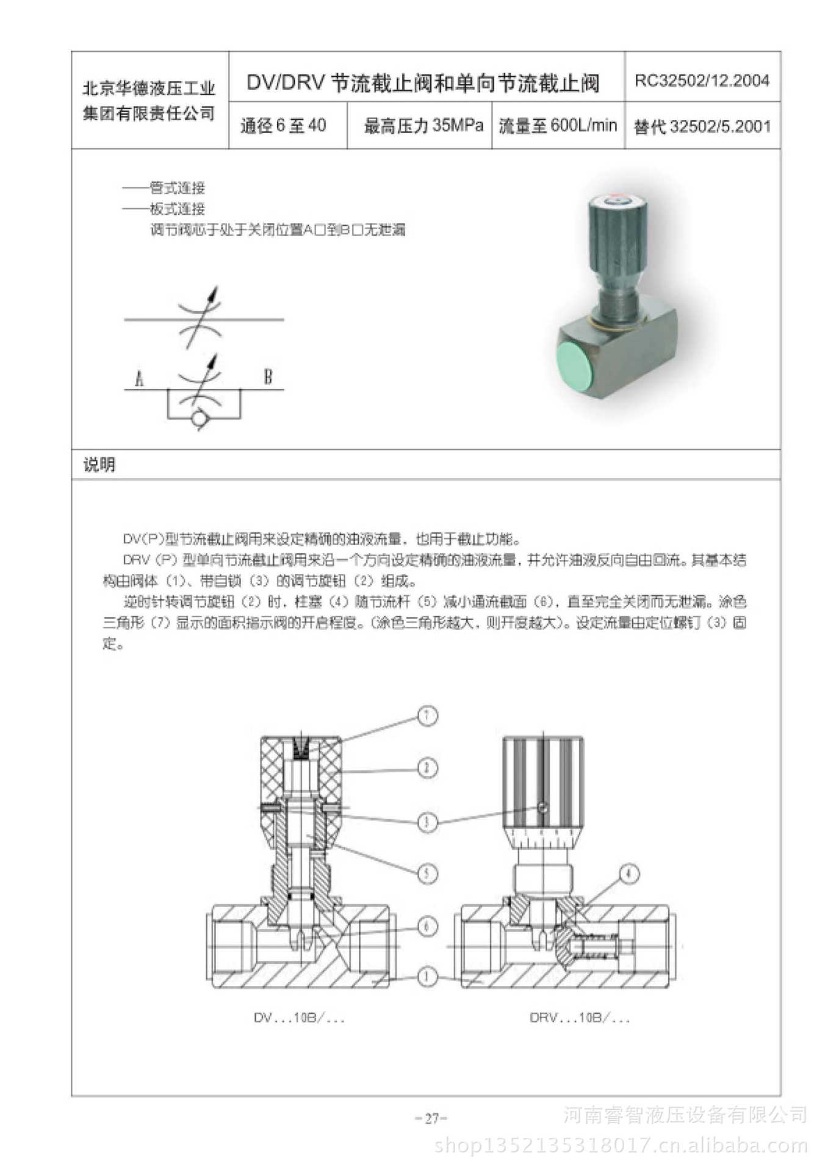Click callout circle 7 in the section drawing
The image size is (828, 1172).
pyautogui.click(x=427, y=715)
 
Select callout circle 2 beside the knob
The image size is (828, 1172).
pyautogui.click(x=427, y=767)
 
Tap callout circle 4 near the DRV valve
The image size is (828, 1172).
pyautogui.click(x=629, y=874)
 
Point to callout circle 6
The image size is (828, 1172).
pyautogui.click(x=427, y=926)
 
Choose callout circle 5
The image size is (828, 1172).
pyautogui.click(x=427, y=874)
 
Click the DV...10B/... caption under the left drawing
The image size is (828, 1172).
pyautogui.click(x=299, y=1018)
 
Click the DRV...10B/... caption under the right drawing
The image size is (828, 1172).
pyautogui.click(x=579, y=1018)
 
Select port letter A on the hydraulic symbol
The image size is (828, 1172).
pyautogui.click(x=139, y=379)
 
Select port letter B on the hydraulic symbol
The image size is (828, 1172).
pyautogui.click(x=267, y=377)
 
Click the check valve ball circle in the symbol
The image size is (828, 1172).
pyautogui.click(x=199, y=419)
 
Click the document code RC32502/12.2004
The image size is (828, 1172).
pyautogui.click(x=702, y=81)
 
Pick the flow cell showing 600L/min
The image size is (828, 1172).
pyautogui.click(x=558, y=126)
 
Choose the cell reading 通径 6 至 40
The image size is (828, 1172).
pyautogui.click(x=283, y=126)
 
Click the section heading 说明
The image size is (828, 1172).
pyautogui.click(x=99, y=465)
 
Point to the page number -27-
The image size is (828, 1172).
pyautogui.click(x=431, y=1118)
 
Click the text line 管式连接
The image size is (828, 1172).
pyautogui.click(x=177, y=188)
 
